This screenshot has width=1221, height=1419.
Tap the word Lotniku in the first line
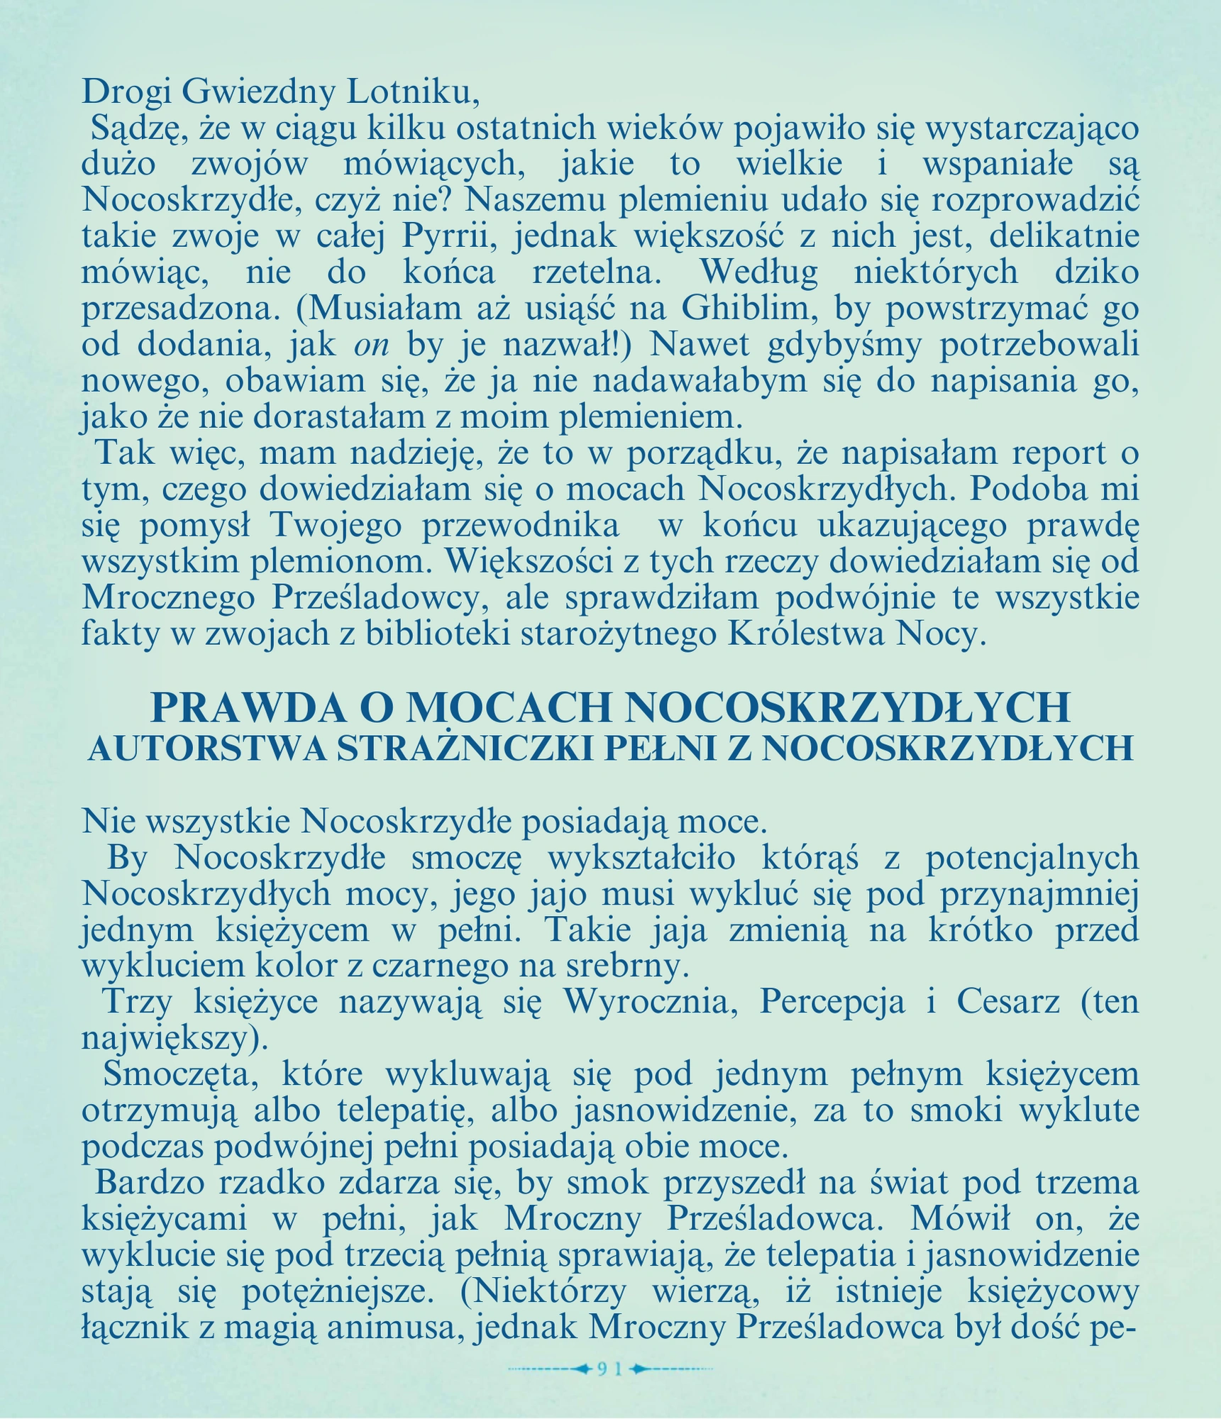[407, 91]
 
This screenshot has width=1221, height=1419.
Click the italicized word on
[372, 346]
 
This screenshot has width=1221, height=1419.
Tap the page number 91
[610, 1369]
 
